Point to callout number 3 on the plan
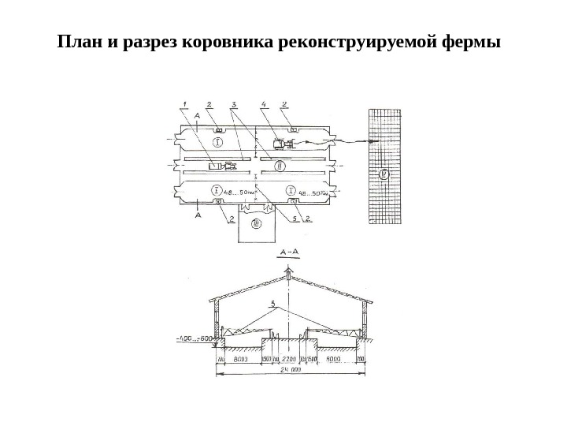tap(235, 103)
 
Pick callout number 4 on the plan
tap(265, 103)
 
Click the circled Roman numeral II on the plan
tap(278, 164)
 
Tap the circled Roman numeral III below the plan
tap(256, 224)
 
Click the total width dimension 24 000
tap(290, 368)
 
